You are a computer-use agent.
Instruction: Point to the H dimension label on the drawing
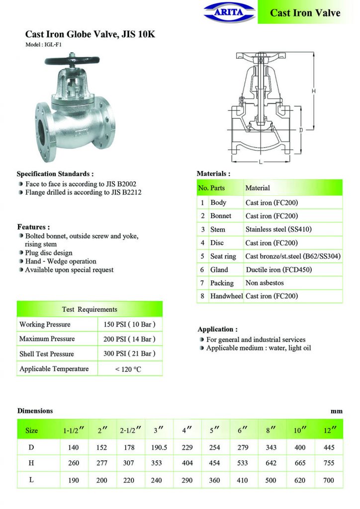(x=314, y=91)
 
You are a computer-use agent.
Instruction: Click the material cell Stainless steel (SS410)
(x=278, y=230)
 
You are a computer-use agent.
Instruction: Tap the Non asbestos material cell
(x=264, y=283)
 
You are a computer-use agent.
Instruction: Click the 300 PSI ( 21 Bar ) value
(x=130, y=354)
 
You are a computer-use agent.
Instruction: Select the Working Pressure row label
(x=45, y=325)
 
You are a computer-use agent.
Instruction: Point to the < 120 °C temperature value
(x=130, y=369)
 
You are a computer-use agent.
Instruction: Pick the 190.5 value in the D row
(x=159, y=447)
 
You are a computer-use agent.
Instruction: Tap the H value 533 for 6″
(x=244, y=464)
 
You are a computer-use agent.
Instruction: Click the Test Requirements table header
(x=90, y=309)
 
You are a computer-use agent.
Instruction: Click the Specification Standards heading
(x=55, y=174)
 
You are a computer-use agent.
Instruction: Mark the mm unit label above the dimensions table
(x=337, y=412)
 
